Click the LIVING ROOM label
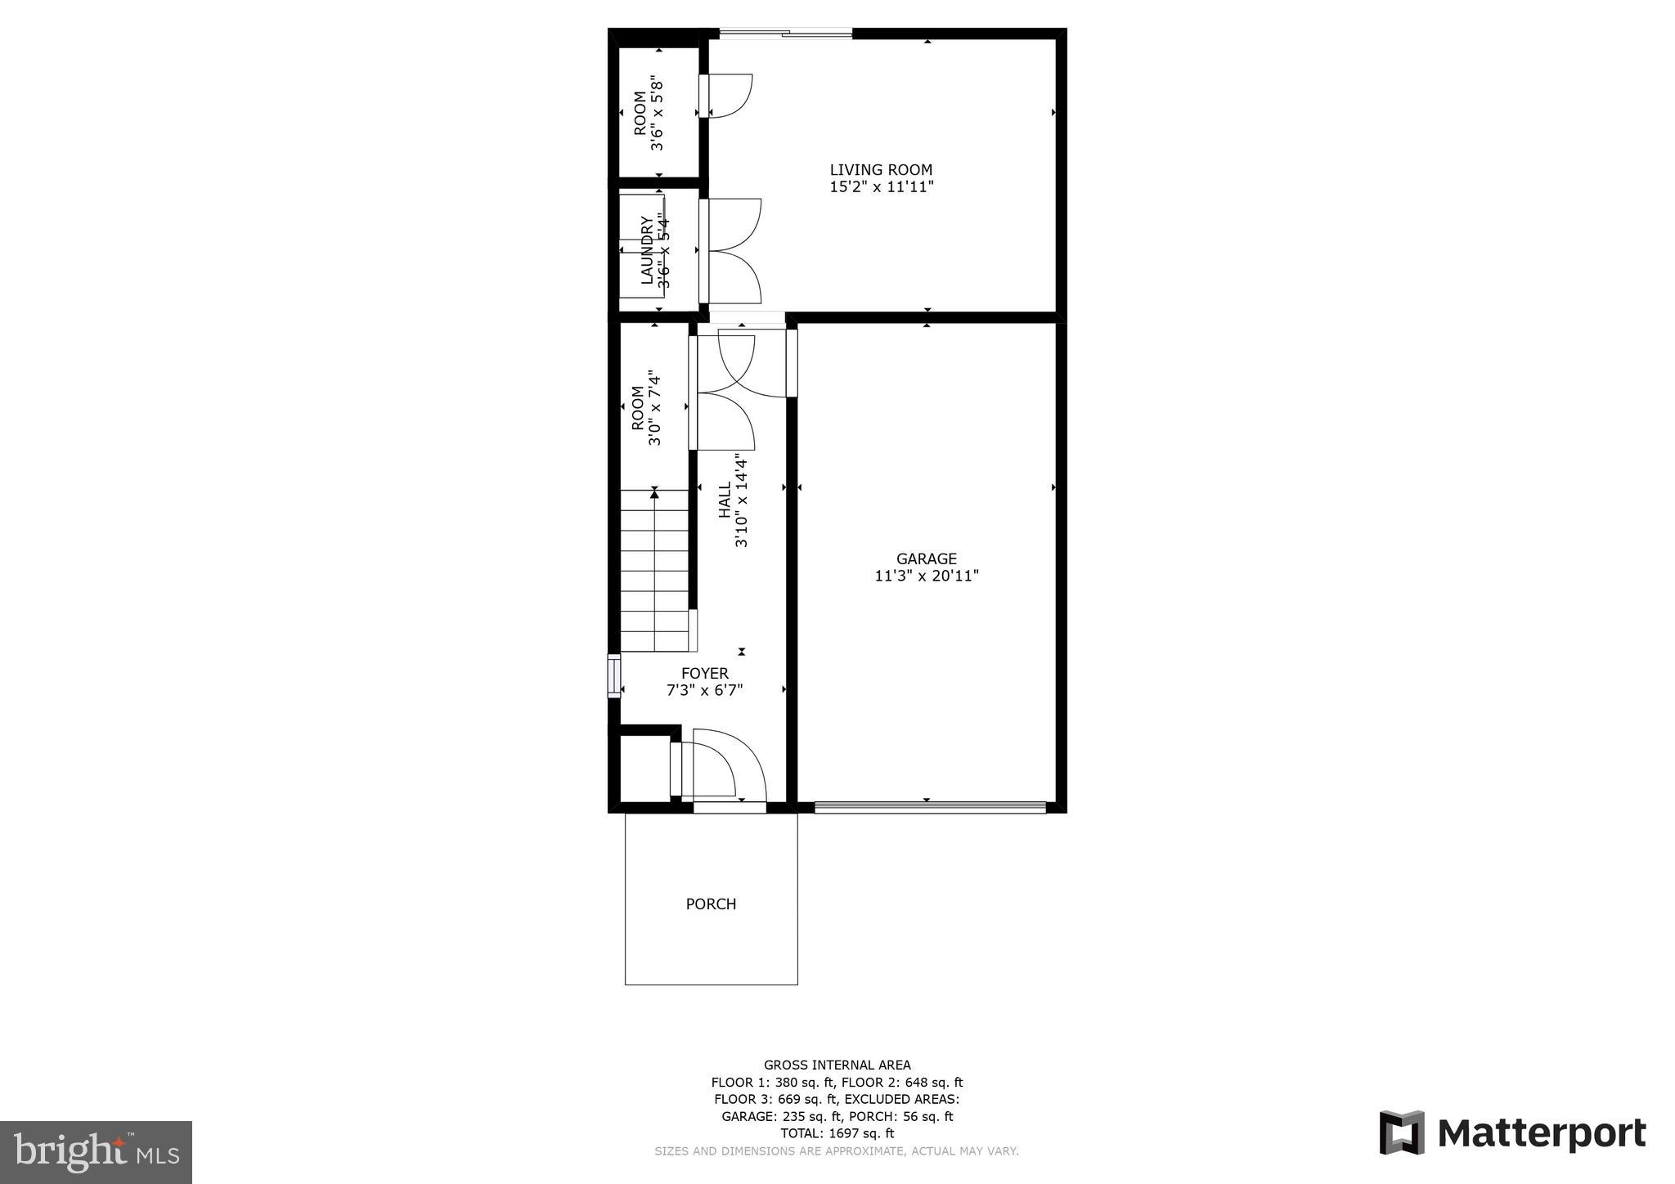(x=881, y=170)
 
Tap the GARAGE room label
(x=926, y=559)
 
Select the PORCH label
(x=711, y=904)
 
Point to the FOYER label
(x=704, y=674)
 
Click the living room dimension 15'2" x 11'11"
(x=882, y=187)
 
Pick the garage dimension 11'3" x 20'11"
(x=927, y=576)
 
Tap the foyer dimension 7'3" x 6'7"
(x=704, y=691)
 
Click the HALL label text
(x=725, y=500)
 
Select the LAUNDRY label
(x=647, y=250)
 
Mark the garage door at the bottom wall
(x=930, y=808)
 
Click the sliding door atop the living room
(x=785, y=34)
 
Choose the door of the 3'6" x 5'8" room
(x=726, y=95)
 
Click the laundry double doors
(x=730, y=251)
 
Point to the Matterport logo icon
(x=1402, y=1132)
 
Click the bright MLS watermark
(x=96, y=1152)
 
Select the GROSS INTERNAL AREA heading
(x=837, y=1065)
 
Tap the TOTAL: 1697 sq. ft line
(x=837, y=1133)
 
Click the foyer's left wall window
(x=613, y=675)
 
